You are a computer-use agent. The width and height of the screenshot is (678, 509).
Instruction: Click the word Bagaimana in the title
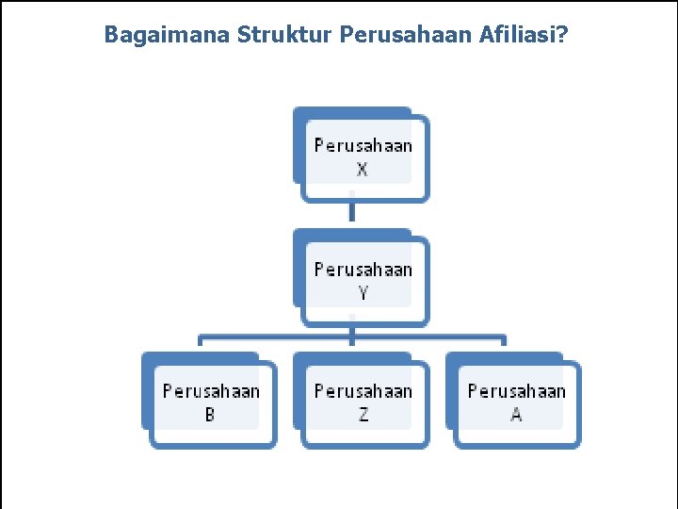[x=167, y=36]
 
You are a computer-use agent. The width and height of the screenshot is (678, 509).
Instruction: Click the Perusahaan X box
[x=363, y=156]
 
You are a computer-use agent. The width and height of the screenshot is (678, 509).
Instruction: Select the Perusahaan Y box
[x=363, y=279]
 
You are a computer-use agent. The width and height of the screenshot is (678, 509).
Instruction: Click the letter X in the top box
[x=363, y=170]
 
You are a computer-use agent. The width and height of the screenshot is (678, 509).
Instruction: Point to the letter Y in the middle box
[x=363, y=292]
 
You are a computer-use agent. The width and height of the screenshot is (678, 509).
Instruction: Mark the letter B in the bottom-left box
[x=210, y=415]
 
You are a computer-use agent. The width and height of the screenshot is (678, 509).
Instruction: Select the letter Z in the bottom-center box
[x=363, y=415]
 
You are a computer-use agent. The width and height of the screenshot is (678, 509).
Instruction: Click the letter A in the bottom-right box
[x=516, y=415]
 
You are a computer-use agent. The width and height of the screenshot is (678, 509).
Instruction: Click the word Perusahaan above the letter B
[x=211, y=391]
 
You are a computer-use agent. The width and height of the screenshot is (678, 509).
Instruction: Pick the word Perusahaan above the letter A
[x=516, y=391]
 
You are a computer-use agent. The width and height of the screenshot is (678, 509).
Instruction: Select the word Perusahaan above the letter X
[x=363, y=146]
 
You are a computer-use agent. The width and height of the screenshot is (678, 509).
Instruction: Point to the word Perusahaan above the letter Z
[x=363, y=391]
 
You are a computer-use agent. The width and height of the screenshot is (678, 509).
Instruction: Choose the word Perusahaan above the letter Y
[x=363, y=270]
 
